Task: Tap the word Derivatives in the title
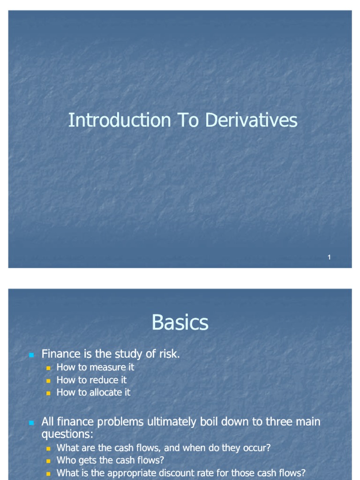(251, 120)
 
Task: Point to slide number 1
(329, 257)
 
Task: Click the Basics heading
(180, 323)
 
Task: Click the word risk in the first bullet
(169, 354)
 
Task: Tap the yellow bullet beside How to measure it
(48, 368)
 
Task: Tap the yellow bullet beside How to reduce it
(48, 381)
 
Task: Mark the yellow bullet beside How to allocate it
(48, 393)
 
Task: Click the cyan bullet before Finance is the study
(31, 355)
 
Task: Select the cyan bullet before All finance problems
(31, 422)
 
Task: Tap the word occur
(256, 448)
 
